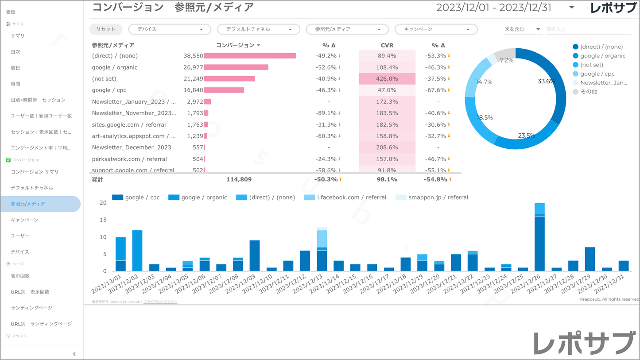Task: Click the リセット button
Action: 105,29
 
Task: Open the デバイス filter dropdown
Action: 169,29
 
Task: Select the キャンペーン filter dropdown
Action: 436,29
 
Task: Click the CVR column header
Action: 387,45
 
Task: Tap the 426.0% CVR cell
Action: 387,79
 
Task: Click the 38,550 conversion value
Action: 193,56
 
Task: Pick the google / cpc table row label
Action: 109,90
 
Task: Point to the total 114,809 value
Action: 239,179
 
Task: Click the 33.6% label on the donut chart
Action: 546,81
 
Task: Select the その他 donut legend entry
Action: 588,92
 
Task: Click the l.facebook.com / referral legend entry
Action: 351,197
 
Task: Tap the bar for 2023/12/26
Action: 539,239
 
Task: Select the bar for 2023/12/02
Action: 137,251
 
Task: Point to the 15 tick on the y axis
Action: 103,220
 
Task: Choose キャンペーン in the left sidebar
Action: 24,220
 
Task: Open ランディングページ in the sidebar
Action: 31,308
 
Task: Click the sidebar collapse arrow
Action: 74,354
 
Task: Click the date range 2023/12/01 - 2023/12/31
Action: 493,8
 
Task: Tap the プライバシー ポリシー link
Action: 160,302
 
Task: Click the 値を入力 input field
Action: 587,29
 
